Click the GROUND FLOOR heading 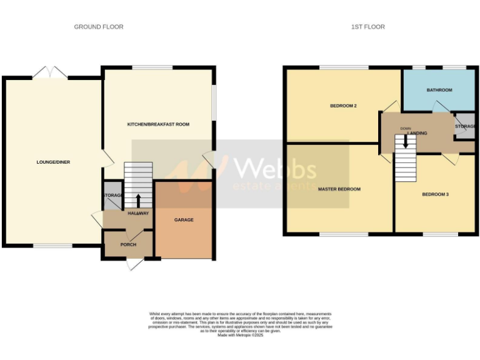tap(99, 27)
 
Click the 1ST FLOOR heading tap(368, 27)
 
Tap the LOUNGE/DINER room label tap(53, 162)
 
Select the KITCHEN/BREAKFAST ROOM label tap(158, 124)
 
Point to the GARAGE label tap(184, 220)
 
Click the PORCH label tap(128, 244)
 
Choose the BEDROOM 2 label tap(343, 106)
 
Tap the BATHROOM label tap(439, 90)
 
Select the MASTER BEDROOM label tap(339, 189)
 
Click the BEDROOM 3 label tap(436, 194)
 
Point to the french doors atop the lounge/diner tap(50, 73)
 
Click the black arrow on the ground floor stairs tap(137, 200)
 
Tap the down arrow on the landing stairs tap(406, 141)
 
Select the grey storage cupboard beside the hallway tap(112, 195)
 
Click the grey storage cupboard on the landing tap(465, 127)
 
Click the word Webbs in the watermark tap(274, 169)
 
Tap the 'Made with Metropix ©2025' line tap(241, 336)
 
